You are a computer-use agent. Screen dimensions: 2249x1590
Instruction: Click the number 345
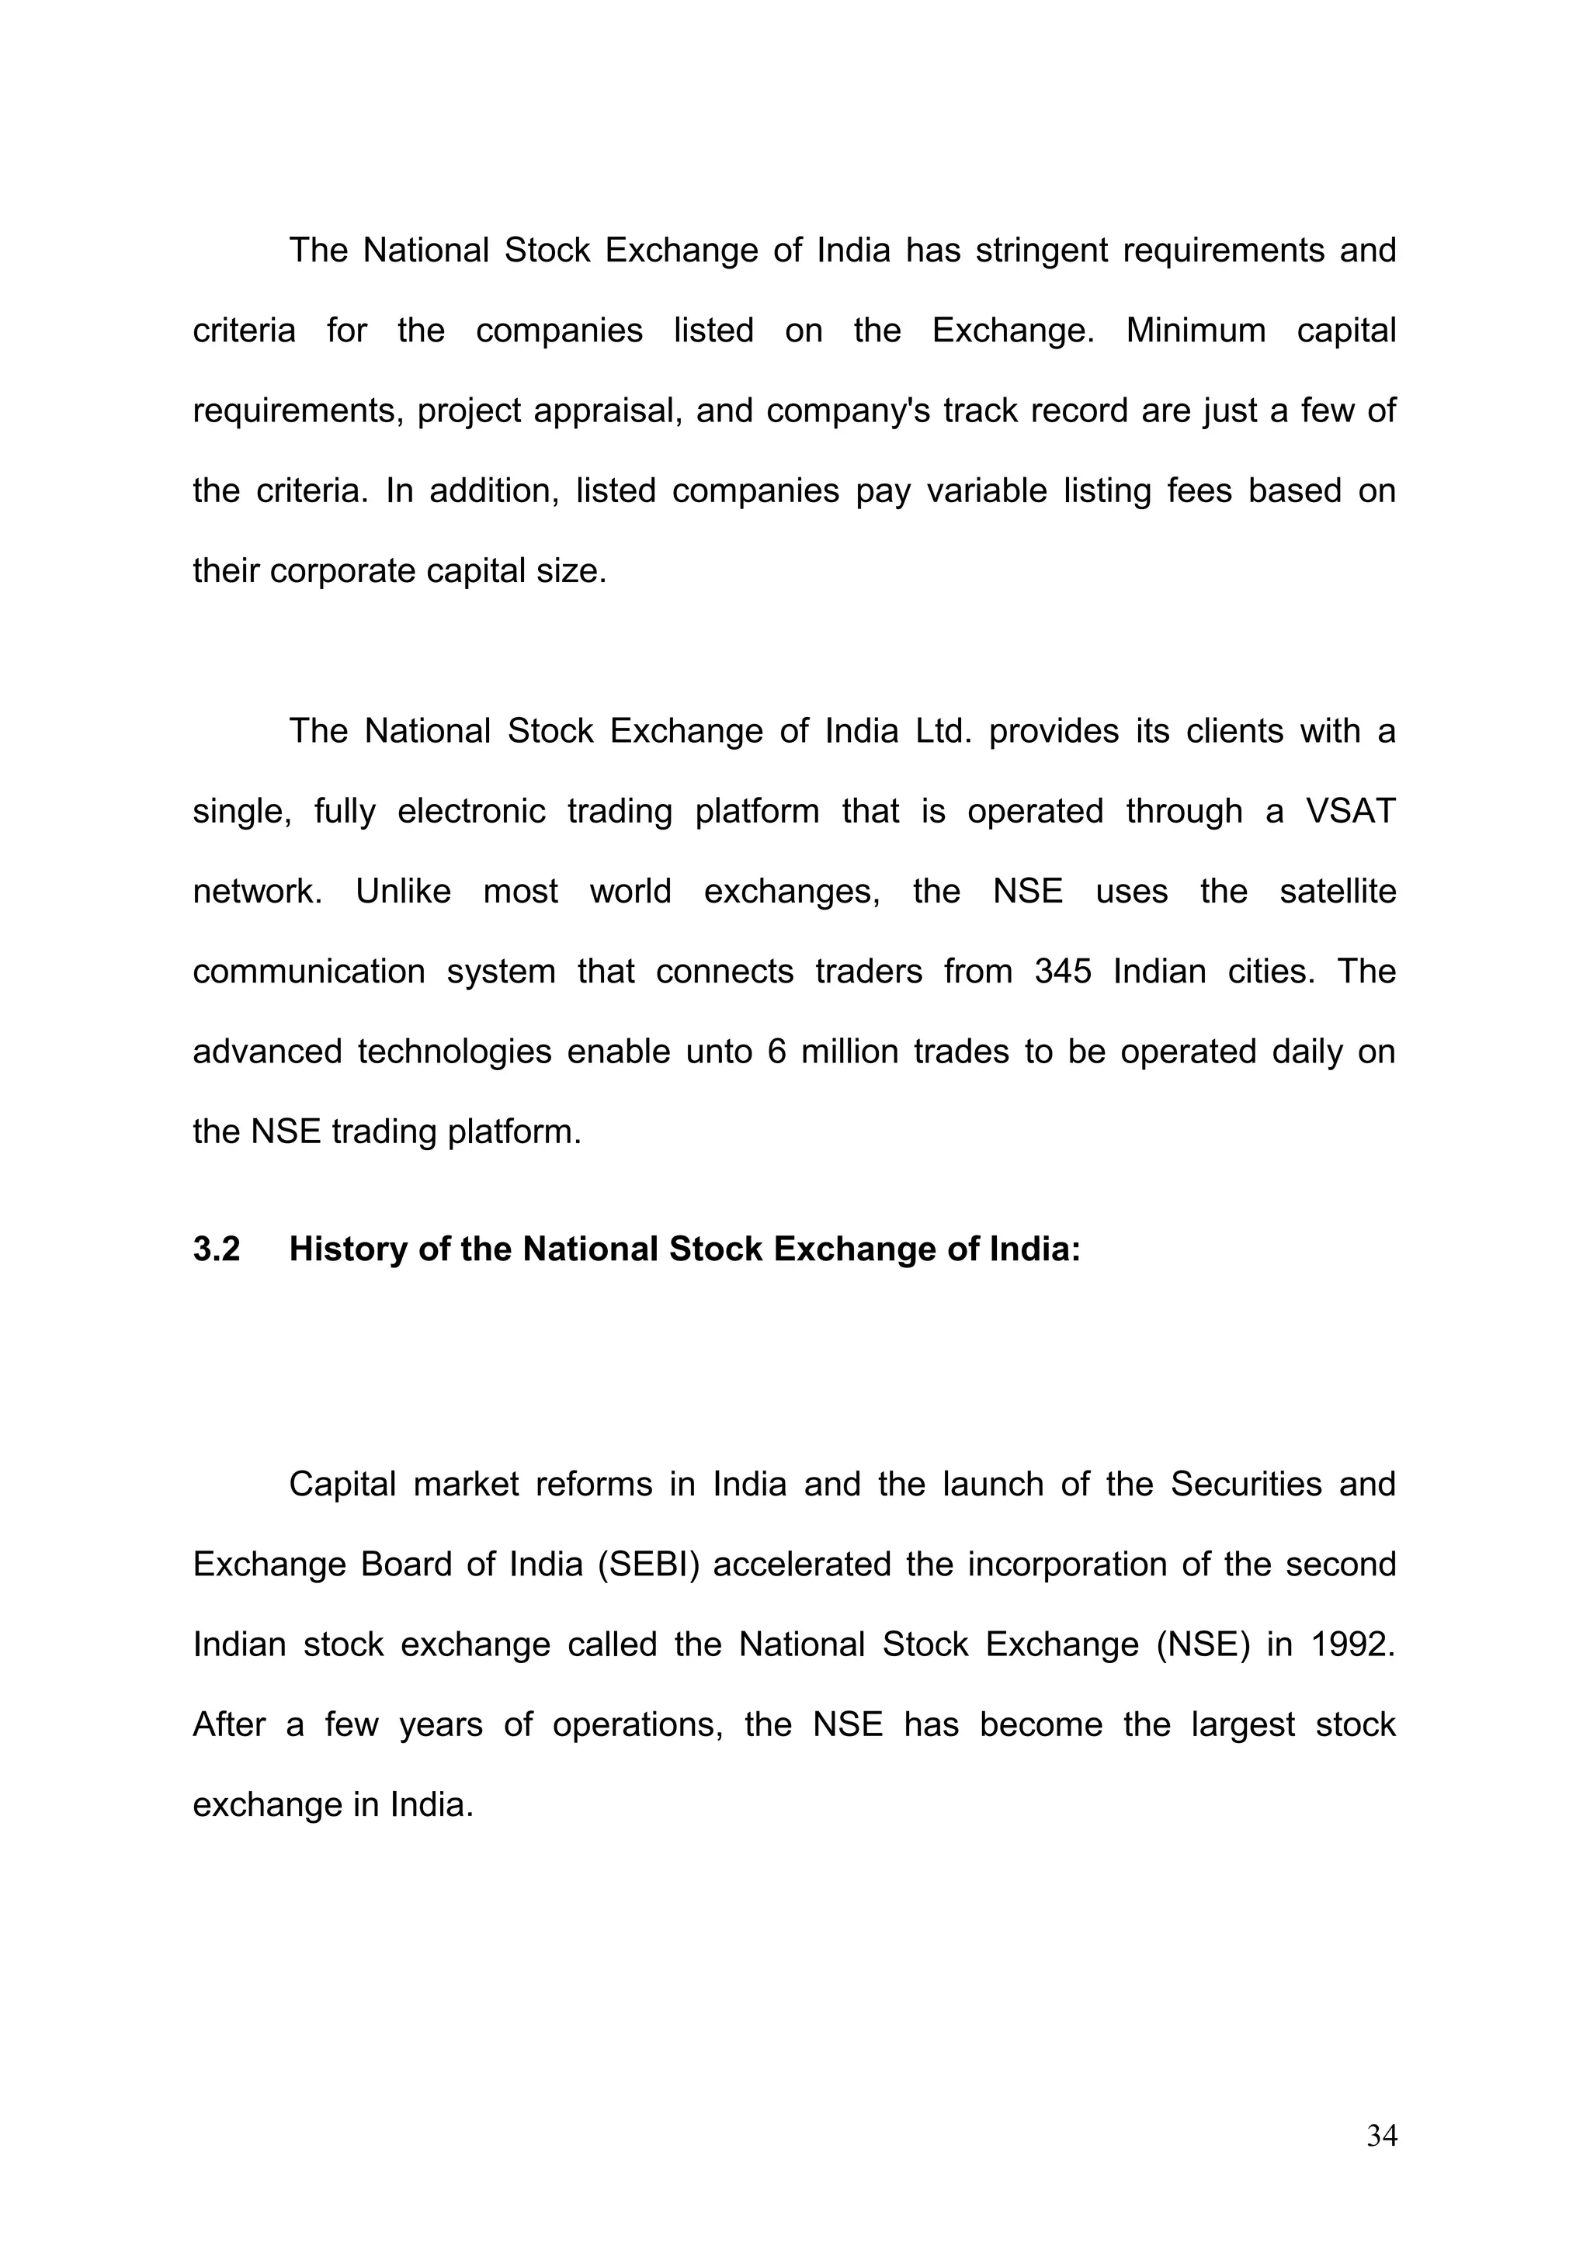pos(1062,971)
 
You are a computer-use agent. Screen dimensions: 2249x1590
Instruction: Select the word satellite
pos(1337,892)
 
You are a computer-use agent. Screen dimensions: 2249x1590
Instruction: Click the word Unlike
pos(403,892)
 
